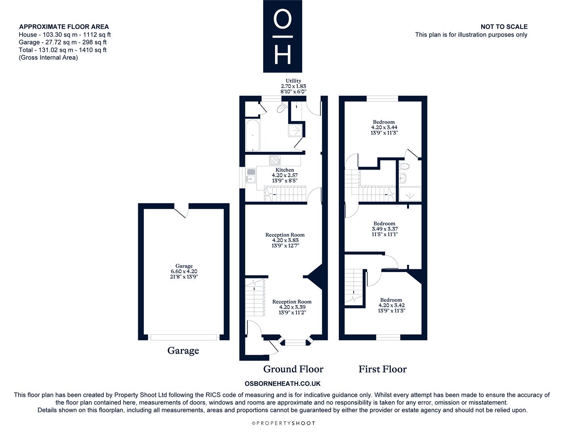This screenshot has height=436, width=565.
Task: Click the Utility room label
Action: coord(293,81)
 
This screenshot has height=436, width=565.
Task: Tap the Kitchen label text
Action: coord(285,170)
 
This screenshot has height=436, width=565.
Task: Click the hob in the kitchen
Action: coord(275,160)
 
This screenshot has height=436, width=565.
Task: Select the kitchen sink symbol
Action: coord(251,175)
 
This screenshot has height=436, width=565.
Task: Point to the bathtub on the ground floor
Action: coord(253,135)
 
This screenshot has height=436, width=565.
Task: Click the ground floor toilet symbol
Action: coord(282,107)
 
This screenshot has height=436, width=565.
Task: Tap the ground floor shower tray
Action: coord(295,130)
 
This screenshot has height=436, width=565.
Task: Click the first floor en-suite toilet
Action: coord(404,166)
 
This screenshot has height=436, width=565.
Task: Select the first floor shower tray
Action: coord(410,194)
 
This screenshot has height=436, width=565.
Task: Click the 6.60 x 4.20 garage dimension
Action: coord(184,271)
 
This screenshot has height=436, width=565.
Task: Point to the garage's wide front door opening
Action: coord(183,337)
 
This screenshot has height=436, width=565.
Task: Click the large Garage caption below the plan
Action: coord(183,350)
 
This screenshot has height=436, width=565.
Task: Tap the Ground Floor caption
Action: coord(293,369)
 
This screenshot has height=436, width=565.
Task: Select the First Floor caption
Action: coord(382,369)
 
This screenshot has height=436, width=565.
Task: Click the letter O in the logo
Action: coord(282,19)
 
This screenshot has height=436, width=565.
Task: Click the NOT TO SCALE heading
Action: coord(504,27)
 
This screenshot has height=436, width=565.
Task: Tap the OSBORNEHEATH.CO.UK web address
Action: coord(282,384)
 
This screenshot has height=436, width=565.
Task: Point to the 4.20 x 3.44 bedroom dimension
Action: coord(384,127)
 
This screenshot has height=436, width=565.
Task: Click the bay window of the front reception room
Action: coord(295,342)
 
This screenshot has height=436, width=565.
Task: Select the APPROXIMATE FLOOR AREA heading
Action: coord(64,27)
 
